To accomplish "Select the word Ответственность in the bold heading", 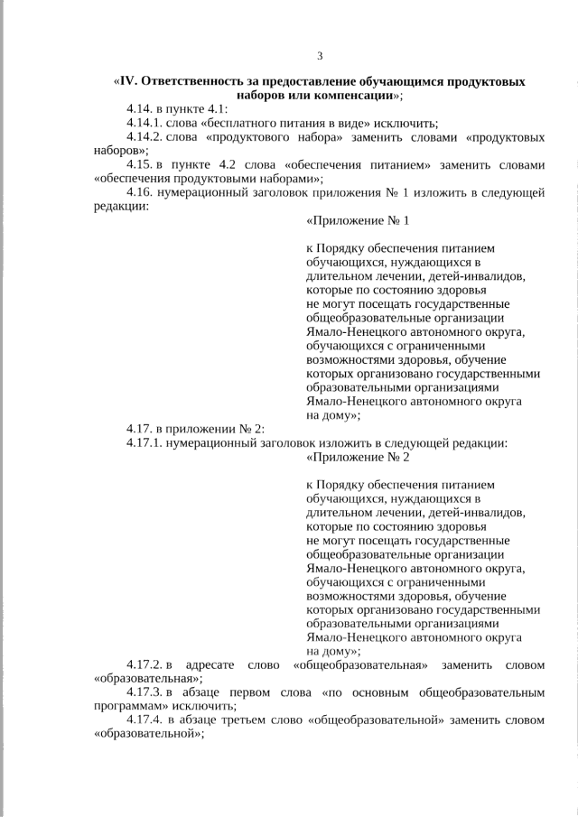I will pyautogui.click(x=191, y=81).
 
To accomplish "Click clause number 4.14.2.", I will pyautogui.click(x=144, y=138).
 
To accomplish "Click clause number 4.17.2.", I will pyautogui.click(x=144, y=665).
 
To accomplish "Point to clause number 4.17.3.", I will pyautogui.click(x=144, y=692).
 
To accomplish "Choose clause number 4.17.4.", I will pyautogui.click(x=144, y=720).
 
